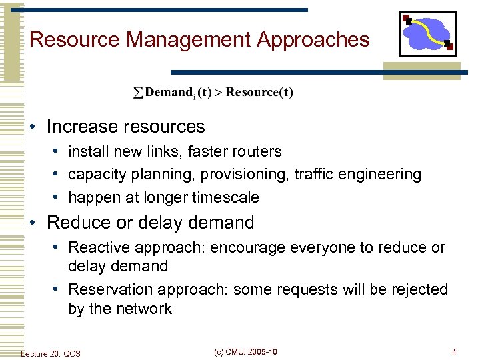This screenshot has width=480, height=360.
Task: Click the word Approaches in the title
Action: click(313, 39)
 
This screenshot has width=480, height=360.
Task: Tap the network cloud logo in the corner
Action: click(427, 34)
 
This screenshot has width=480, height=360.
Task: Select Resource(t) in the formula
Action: click(259, 92)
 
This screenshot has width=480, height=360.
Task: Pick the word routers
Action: click(257, 151)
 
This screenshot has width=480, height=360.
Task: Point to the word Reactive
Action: click(101, 247)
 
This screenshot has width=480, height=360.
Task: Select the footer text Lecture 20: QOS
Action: click(51, 353)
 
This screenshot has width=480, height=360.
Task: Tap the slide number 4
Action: click(454, 352)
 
